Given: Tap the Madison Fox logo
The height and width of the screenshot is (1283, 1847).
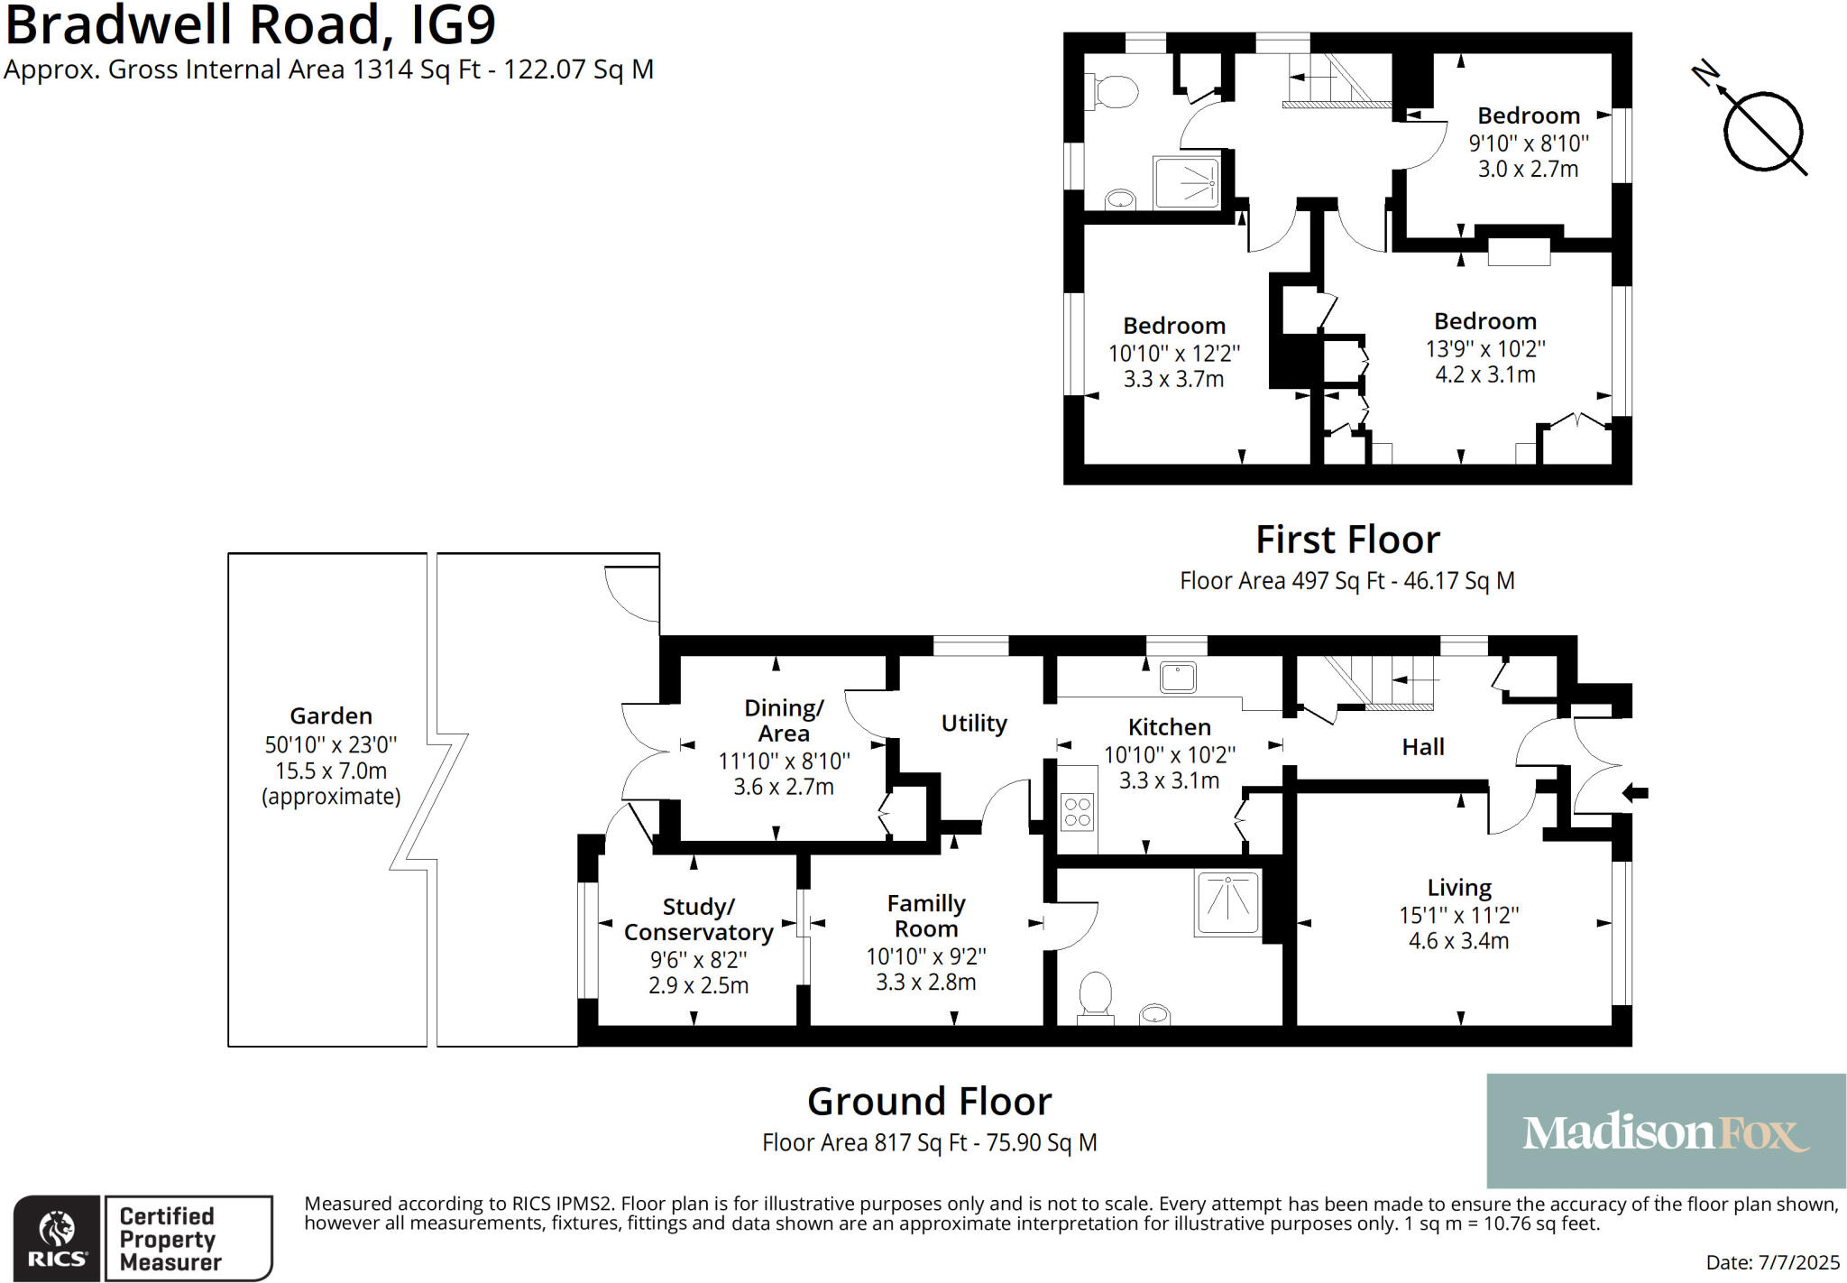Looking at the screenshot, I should tap(1665, 1131).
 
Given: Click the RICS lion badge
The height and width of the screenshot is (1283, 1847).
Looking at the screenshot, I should tap(57, 1238).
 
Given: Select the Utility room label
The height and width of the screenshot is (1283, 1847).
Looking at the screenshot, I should tap(974, 724).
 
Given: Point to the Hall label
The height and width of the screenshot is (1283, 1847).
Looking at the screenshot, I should tap(1423, 747).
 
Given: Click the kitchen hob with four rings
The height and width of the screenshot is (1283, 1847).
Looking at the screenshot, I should tap(1078, 810).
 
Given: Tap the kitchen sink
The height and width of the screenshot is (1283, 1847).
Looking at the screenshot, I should tap(1178, 677).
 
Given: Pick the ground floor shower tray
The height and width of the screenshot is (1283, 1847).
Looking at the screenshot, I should tap(1228, 902).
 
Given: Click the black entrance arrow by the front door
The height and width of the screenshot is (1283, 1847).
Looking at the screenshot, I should tap(1635, 793).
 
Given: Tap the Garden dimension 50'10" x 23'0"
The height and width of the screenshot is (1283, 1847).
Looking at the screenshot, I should tap(331, 745).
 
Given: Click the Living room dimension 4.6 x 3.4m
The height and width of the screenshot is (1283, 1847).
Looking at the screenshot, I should tap(1458, 941).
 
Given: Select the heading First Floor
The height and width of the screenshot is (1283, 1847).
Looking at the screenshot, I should tap(1347, 540).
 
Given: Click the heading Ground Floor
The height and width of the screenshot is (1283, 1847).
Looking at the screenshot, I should tap(929, 1102).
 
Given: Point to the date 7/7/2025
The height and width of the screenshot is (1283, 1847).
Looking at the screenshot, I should tap(1798, 1262).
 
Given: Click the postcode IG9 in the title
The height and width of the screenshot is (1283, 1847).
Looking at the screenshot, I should tap(454, 25).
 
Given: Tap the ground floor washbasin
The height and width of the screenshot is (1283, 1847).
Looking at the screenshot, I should tap(1154, 1014).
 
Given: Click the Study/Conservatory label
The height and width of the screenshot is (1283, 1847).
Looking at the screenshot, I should tap(698, 919).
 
